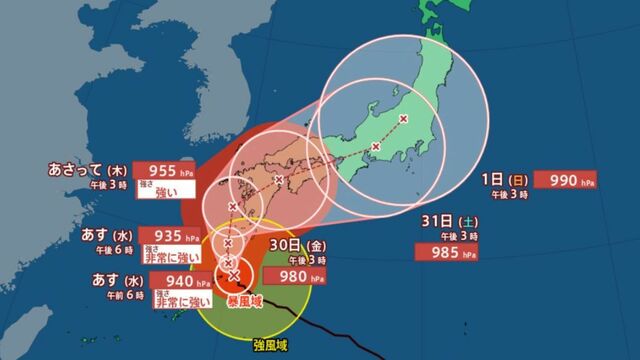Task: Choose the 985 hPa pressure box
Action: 441,254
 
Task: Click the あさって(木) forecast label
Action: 86,171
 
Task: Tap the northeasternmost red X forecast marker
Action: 403,120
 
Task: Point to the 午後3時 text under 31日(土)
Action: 440,236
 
